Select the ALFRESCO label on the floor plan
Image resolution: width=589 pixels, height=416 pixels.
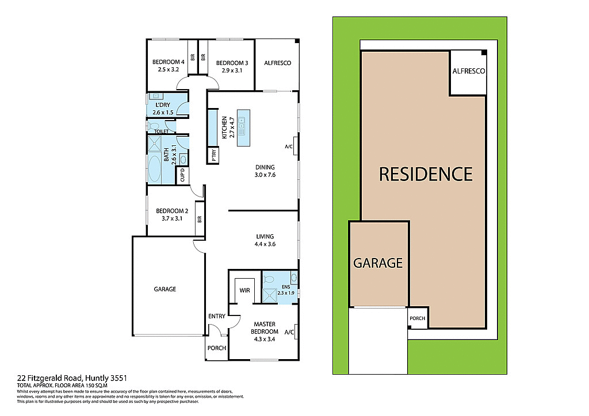click(277, 63)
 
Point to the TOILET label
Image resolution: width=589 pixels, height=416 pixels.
click(161, 132)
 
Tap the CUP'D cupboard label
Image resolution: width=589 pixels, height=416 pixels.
click(183, 175)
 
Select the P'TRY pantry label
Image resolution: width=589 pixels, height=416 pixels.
click(213, 155)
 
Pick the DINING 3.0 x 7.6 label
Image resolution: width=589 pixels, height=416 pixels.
click(266, 171)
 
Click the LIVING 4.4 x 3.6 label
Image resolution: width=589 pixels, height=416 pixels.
click(265, 240)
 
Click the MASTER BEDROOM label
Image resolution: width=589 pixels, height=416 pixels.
click(265, 328)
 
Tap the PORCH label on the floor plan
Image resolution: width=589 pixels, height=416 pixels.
click(217, 348)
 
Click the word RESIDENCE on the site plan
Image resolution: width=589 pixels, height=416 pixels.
click(425, 174)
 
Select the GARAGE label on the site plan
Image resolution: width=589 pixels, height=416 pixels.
click(377, 263)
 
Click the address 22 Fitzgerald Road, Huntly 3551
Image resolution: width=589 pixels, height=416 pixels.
click(72, 378)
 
